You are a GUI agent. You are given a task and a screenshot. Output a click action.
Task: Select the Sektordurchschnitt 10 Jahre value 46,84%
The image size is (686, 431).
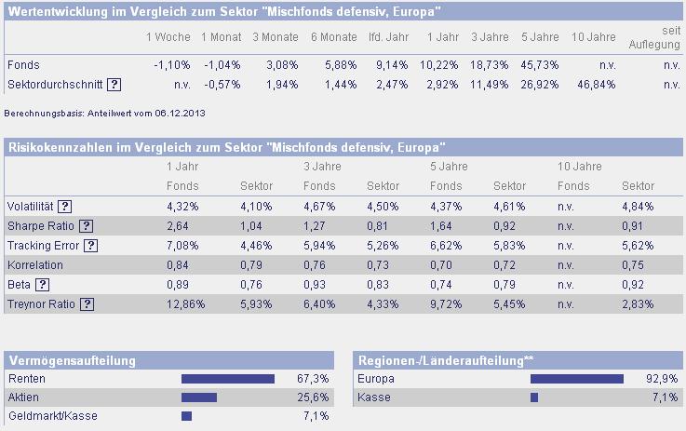point(597,84)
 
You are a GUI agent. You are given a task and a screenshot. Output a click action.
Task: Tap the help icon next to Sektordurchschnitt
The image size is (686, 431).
point(114,84)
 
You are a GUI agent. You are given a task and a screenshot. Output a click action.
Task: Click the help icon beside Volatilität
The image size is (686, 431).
point(65,207)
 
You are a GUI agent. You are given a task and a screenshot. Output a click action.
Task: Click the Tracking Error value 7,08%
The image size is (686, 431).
point(181,246)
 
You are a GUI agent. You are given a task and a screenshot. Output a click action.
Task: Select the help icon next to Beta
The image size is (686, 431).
point(42,285)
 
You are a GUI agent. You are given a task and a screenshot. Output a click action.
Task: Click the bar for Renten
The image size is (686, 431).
point(228,379)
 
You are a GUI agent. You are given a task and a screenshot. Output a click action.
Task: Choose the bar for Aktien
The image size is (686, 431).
point(199,397)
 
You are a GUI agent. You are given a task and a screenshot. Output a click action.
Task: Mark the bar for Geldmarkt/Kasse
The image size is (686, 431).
point(186,416)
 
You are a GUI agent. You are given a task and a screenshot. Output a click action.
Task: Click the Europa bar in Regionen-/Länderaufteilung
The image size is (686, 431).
point(577,379)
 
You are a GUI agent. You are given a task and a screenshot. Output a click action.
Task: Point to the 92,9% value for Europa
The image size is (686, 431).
point(665,379)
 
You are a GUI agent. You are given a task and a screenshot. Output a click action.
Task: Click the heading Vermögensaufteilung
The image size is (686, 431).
point(73,360)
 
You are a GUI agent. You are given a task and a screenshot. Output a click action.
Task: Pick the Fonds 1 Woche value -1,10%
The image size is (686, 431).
point(171,65)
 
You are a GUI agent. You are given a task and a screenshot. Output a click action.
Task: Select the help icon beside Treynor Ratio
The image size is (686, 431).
point(87,304)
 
